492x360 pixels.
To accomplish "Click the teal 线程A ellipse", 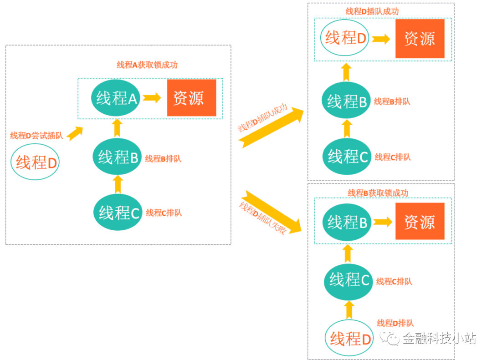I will coord(117,98).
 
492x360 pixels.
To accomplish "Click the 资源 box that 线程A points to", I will coord(191,98).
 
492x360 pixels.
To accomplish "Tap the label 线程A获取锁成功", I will coord(147,65).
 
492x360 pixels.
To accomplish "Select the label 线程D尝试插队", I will coord(36,135).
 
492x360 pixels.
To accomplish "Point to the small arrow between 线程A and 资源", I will coord(152,98).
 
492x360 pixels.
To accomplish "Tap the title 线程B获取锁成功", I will coord(378,193).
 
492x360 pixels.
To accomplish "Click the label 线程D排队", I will coord(395,323).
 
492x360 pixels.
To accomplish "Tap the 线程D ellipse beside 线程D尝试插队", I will coord(36,162).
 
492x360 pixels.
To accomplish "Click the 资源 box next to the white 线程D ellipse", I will coord(420,39).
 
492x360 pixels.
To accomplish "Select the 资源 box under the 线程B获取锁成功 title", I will coord(420,222).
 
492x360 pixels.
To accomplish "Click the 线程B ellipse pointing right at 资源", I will coord(347,222).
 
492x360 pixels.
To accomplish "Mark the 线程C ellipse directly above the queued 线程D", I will coord(349,280).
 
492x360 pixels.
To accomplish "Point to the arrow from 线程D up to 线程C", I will coord(349,310).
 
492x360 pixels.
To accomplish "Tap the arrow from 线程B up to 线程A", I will coord(117,128).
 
